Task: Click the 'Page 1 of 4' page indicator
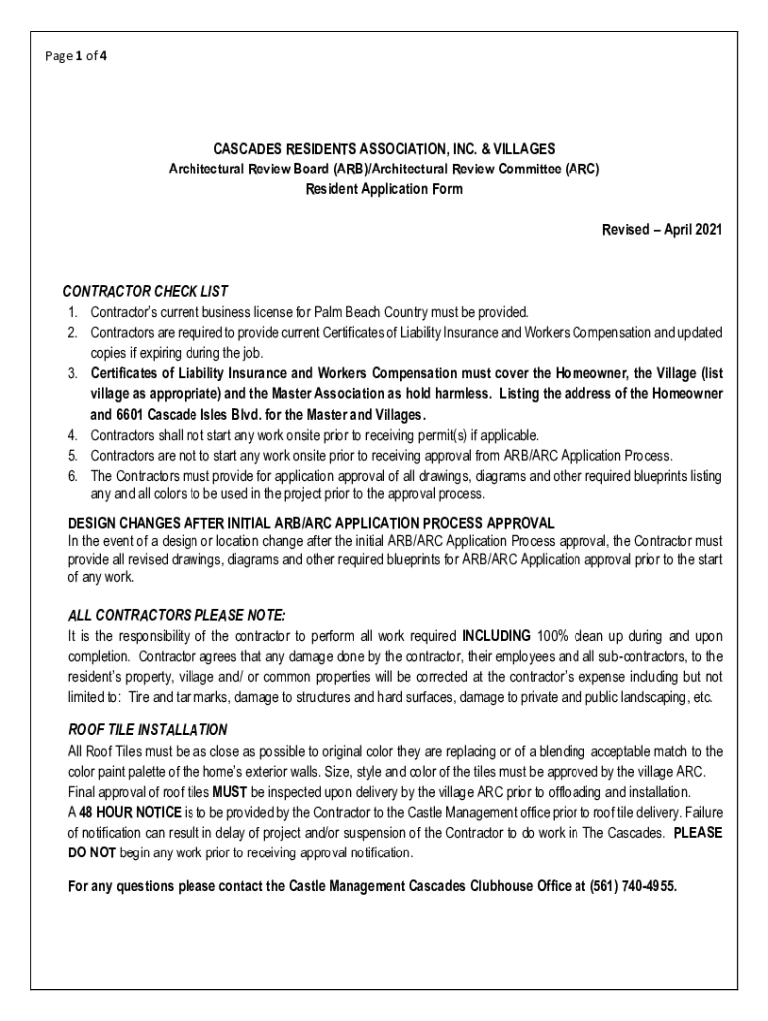click(x=75, y=56)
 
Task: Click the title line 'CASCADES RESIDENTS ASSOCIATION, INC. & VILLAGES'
click(x=384, y=150)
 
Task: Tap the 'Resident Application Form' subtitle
click(x=384, y=189)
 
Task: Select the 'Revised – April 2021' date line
click(x=661, y=230)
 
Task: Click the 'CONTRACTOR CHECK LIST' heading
click(x=146, y=292)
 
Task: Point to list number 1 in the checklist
click(x=73, y=312)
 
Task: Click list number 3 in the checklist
click(x=73, y=373)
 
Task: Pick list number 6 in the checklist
click(x=73, y=476)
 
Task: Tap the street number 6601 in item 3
click(x=133, y=414)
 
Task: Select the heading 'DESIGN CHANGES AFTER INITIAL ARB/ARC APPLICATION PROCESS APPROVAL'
click(x=310, y=523)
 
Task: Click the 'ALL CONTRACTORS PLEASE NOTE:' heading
click(x=177, y=614)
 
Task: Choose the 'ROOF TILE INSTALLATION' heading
click(x=148, y=730)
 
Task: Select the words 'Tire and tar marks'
click(x=159, y=697)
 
